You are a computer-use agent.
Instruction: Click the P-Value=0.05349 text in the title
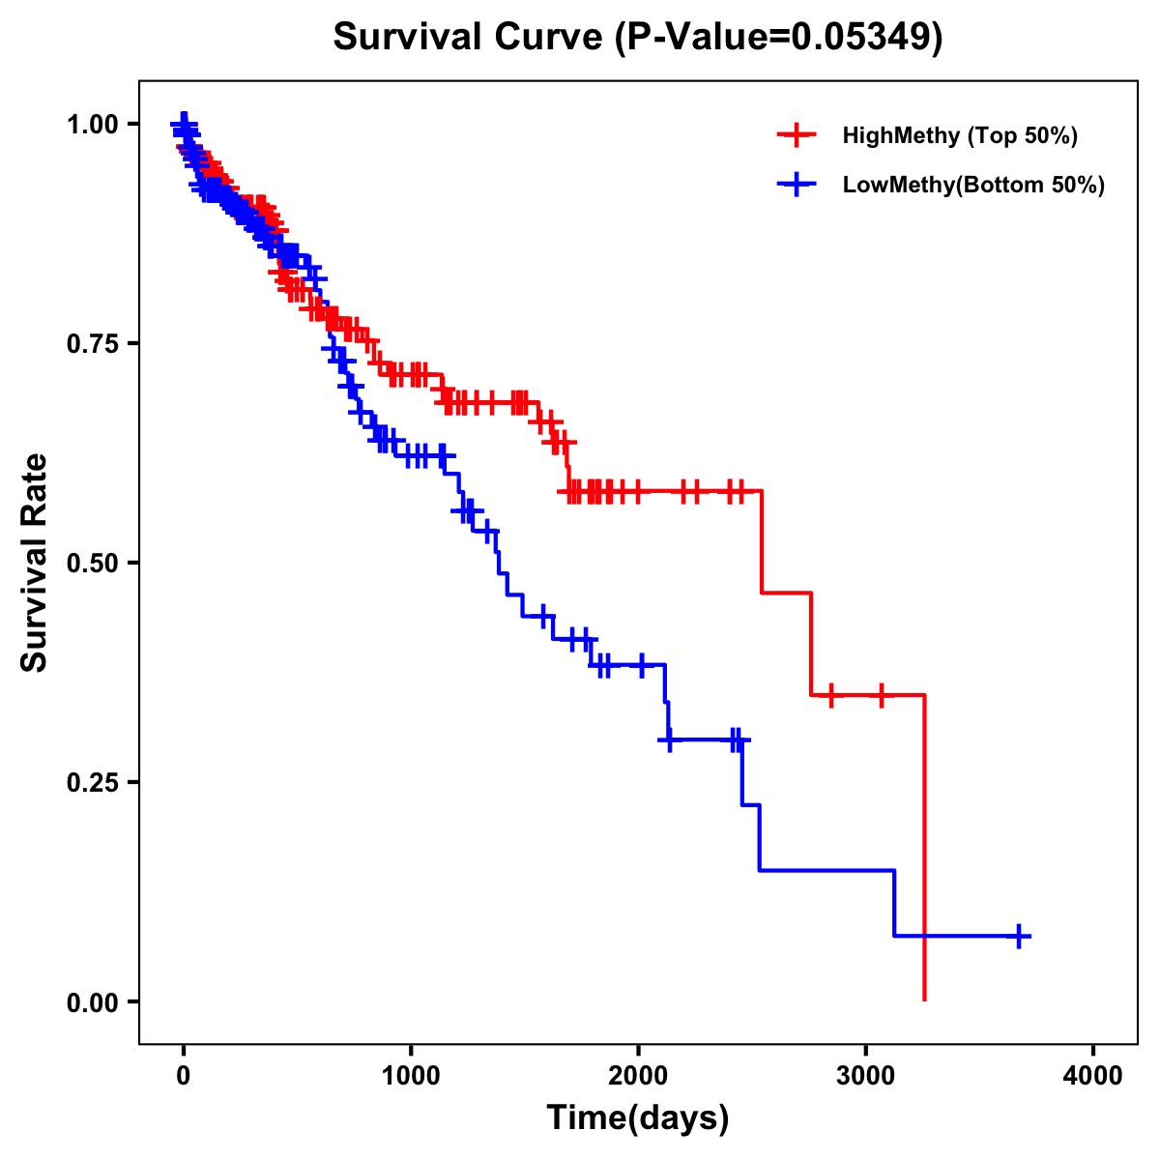(779, 37)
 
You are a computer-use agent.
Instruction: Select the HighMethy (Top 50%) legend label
(959, 135)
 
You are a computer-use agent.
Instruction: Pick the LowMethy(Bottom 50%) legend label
(973, 185)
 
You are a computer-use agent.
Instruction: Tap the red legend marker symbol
(797, 135)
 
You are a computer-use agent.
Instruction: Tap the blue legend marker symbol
(797, 185)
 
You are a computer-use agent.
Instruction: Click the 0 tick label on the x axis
(184, 1075)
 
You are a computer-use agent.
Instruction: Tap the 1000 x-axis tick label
(411, 1075)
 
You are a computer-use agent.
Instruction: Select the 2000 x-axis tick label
(638, 1075)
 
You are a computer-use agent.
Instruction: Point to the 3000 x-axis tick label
(866, 1075)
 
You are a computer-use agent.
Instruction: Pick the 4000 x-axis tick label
(1093, 1075)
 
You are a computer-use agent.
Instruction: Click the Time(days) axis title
(638, 1118)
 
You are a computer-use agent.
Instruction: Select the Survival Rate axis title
(35, 562)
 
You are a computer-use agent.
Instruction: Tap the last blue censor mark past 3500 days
(1019, 936)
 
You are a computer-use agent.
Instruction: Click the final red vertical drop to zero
(925, 851)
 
